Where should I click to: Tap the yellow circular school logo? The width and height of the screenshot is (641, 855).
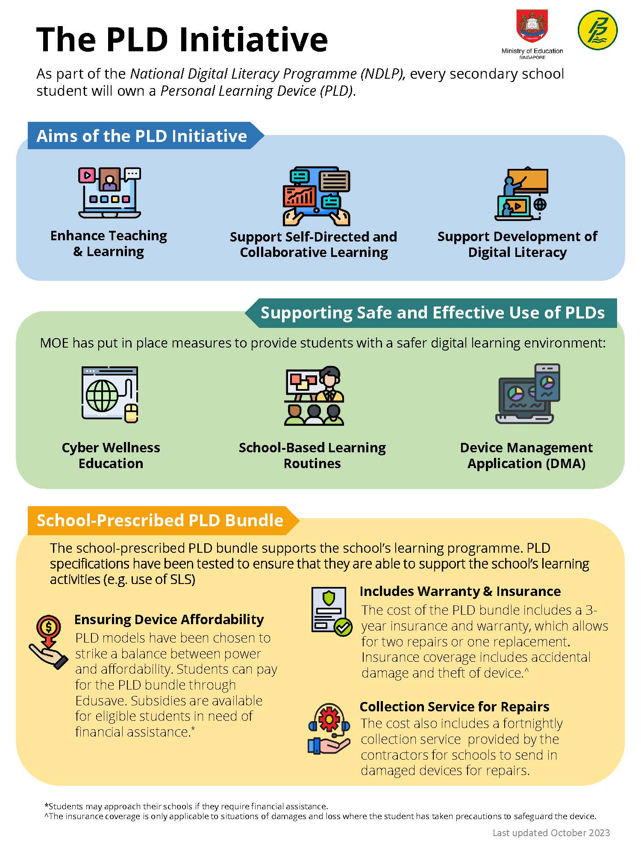coord(597,30)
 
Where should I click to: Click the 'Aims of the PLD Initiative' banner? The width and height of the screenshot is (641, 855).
coord(142,136)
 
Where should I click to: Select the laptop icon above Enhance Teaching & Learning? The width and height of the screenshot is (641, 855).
coord(109,193)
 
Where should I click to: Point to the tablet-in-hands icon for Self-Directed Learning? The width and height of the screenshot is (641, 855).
coord(316,196)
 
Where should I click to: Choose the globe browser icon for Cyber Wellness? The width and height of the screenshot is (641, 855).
coord(110,395)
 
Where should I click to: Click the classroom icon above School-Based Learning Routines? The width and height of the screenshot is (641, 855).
coord(314,396)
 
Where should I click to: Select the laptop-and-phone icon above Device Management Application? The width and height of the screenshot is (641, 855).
coord(528,394)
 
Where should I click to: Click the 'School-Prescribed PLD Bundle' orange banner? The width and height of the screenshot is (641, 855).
coord(160,520)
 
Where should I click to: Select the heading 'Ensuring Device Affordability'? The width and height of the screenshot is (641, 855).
coord(169,619)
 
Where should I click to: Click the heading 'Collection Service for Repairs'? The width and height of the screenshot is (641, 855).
coord(454,707)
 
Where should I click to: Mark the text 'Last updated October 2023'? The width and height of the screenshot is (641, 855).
coord(551,833)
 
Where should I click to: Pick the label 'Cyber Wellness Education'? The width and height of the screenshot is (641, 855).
coord(111,455)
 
